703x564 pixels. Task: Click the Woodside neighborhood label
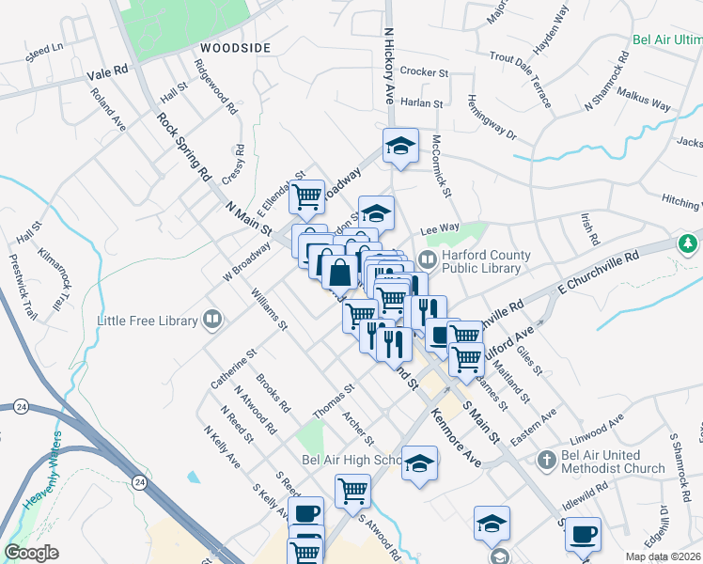click(235, 48)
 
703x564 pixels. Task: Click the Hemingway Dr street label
click(493, 117)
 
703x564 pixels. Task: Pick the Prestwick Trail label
click(21, 277)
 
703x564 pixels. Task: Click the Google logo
click(31, 553)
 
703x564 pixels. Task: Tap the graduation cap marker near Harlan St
click(400, 147)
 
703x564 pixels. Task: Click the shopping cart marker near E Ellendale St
click(306, 197)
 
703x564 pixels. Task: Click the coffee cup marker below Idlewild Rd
click(584, 534)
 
